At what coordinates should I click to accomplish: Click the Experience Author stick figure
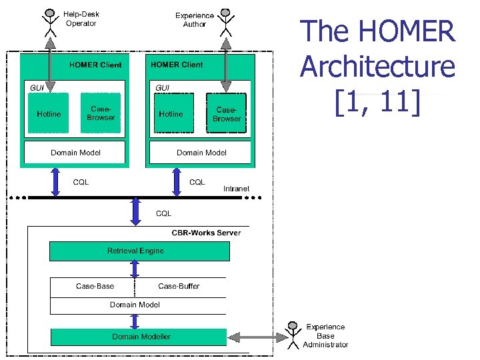pyautogui.click(x=227, y=22)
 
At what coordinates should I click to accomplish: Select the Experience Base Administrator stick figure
pyautogui.click(x=291, y=335)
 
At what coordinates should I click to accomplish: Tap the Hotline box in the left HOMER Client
pyautogui.click(x=49, y=114)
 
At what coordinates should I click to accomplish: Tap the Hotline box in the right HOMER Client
pyautogui.click(x=171, y=114)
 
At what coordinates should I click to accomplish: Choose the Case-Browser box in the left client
pyautogui.click(x=101, y=113)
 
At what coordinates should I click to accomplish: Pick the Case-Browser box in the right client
pyautogui.click(x=226, y=114)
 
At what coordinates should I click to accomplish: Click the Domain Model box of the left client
pyautogui.click(x=75, y=153)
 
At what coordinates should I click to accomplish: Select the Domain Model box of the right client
pyautogui.click(x=201, y=153)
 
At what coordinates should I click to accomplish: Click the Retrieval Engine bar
pyautogui.click(x=140, y=251)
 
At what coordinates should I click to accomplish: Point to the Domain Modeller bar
pyautogui.click(x=139, y=337)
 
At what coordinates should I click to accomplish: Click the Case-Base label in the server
pyautogui.click(x=95, y=286)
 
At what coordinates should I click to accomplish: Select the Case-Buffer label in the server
pyautogui.click(x=179, y=286)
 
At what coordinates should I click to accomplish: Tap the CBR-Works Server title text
pyautogui.click(x=206, y=233)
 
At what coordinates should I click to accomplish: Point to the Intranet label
pyautogui.click(x=236, y=189)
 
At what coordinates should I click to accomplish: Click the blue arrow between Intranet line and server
pyautogui.click(x=136, y=211)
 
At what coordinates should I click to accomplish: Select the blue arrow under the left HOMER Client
pyautogui.click(x=55, y=182)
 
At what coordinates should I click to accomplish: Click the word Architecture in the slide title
pyautogui.click(x=377, y=67)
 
